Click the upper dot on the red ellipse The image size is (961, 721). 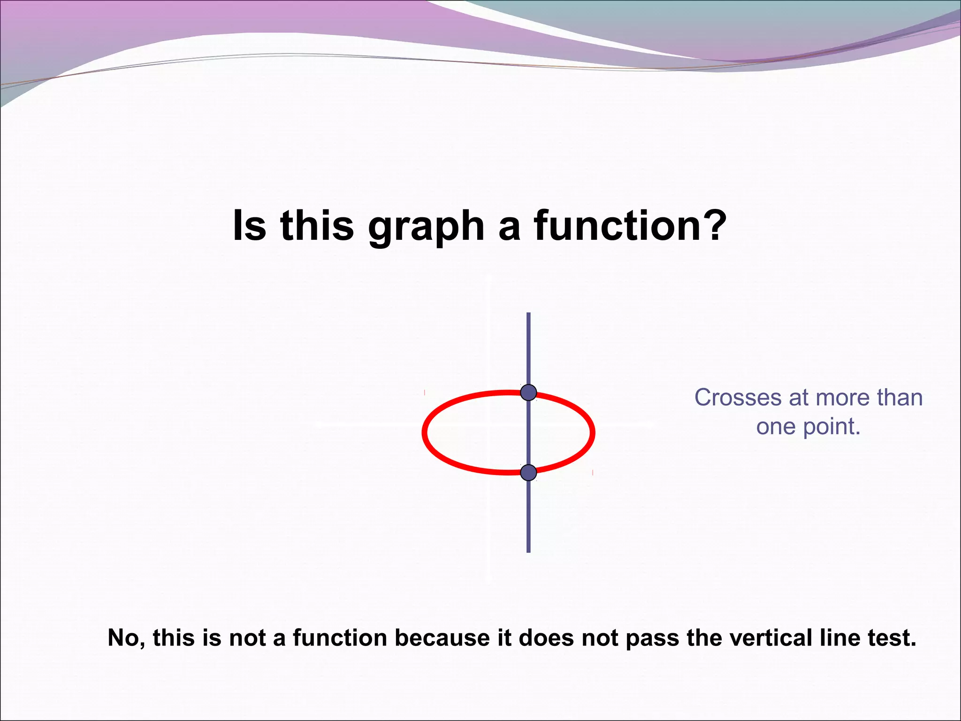coord(528,392)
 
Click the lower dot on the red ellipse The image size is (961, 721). coord(528,473)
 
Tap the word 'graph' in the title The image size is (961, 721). coord(426,226)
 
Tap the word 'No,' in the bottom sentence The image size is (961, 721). coord(126,638)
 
